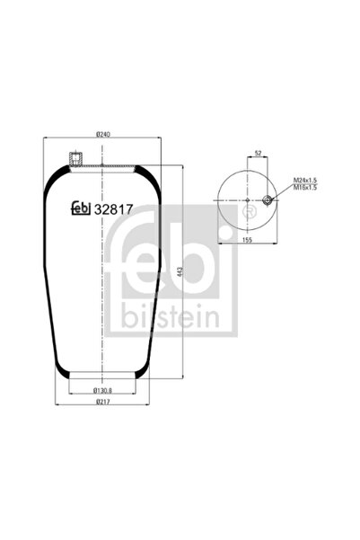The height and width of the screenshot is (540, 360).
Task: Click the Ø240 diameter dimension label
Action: pyautogui.click(x=103, y=136)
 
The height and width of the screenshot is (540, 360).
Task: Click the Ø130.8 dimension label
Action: pyautogui.click(x=103, y=389)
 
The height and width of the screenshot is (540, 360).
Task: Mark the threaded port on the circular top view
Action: pyautogui.click(x=267, y=199)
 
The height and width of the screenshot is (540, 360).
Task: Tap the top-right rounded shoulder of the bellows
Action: pyautogui.click(x=158, y=175)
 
